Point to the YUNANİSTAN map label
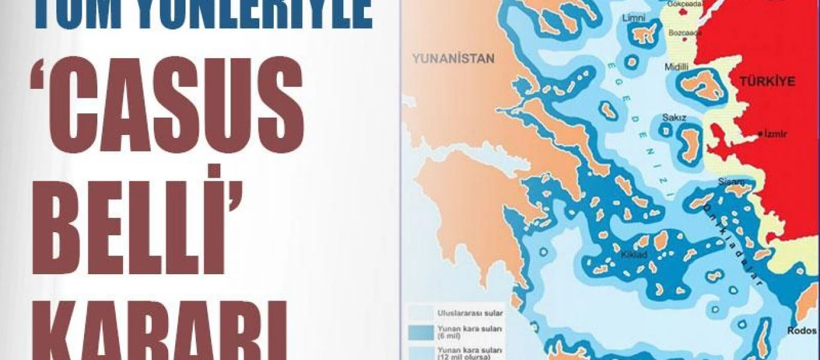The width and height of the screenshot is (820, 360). (453, 59)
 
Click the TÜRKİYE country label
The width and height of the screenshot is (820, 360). (768, 82)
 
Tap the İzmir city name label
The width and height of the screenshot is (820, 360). (776, 134)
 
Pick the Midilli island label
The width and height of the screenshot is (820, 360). (677, 68)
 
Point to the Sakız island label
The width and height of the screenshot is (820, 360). (674, 118)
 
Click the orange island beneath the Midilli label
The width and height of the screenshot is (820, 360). (700, 85)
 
